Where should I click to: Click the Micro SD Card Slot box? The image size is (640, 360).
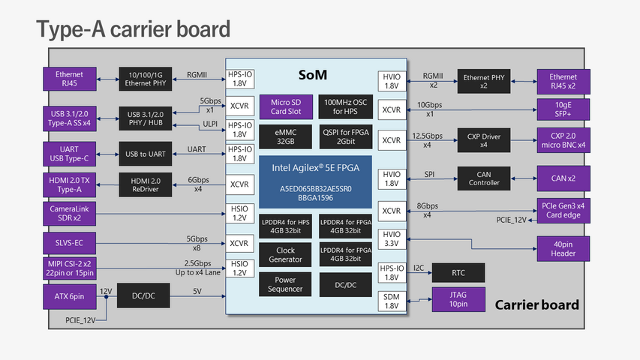286,107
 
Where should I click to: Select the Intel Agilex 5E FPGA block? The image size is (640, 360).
316,181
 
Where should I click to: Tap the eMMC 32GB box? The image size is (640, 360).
285,136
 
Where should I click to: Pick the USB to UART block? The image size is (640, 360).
146,154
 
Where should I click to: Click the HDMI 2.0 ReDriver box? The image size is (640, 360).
146,185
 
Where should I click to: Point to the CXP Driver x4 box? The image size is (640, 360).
484,140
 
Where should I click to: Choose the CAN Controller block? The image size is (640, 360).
484,178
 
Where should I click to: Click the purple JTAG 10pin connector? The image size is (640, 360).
458,299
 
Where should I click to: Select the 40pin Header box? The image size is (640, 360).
563,248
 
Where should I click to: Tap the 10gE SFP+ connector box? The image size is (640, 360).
563,109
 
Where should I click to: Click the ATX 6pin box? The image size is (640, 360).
69,297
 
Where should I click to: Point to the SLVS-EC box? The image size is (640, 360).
69,243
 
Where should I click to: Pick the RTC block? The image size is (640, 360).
458,273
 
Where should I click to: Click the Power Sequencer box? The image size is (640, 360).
285,284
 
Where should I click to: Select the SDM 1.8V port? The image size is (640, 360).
392,301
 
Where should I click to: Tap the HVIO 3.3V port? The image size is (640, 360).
392,238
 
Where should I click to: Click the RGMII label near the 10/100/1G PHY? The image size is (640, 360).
197,75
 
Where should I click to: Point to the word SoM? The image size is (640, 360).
313,75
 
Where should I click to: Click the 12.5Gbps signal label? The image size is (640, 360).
428,136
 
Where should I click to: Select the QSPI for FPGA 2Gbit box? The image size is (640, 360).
346,136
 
